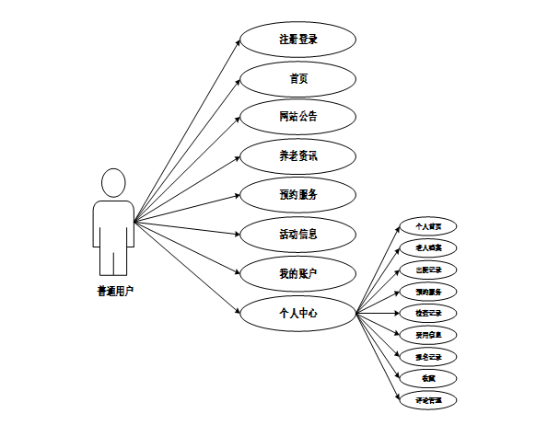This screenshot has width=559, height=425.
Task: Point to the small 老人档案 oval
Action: point(428,248)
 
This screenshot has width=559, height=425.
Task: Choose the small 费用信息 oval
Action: point(428,335)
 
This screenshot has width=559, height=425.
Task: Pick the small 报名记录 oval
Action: point(428,357)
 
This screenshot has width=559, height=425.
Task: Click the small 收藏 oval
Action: point(428,378)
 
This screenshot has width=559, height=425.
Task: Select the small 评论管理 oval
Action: point(428,400)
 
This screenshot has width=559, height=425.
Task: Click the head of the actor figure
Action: point(113,182)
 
